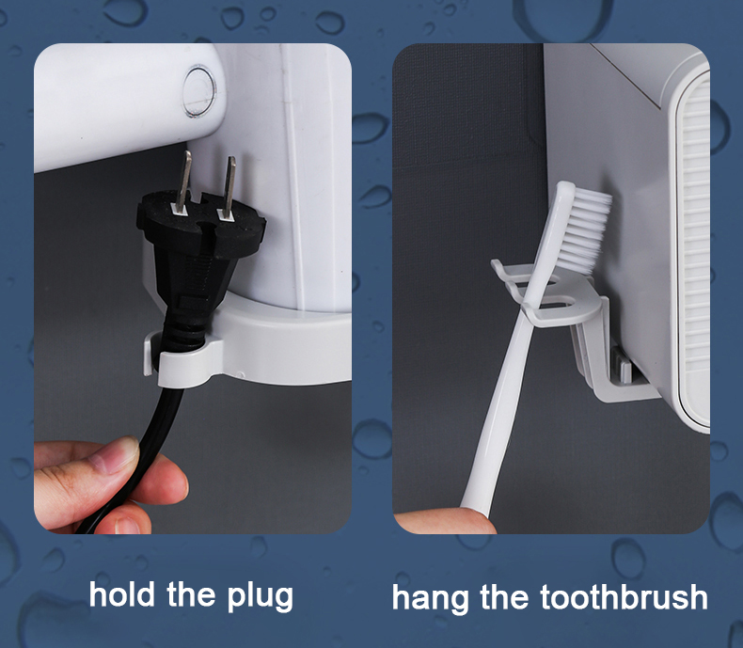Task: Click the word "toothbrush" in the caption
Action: click(x=624, y=597)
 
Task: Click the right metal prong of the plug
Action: click(x=226, y=183)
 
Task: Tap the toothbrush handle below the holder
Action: click(x=498, y=414)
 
